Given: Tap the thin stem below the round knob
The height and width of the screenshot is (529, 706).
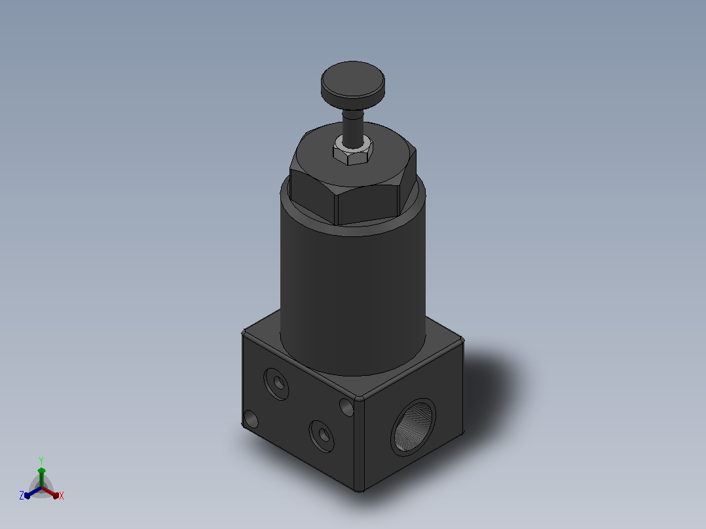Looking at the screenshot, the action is point(352,128).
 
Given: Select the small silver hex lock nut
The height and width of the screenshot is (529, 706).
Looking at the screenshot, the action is point(352,151).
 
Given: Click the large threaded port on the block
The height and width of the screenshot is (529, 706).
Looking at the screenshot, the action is point(413,427).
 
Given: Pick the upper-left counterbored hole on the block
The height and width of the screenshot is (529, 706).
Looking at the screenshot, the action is point(276,384).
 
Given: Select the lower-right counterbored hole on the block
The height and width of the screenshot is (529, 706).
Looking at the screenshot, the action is point(322,436).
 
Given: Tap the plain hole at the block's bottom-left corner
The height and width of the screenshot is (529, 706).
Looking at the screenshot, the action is point(250,419).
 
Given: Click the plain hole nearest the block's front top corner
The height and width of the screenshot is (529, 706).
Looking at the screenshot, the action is point(346,407).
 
